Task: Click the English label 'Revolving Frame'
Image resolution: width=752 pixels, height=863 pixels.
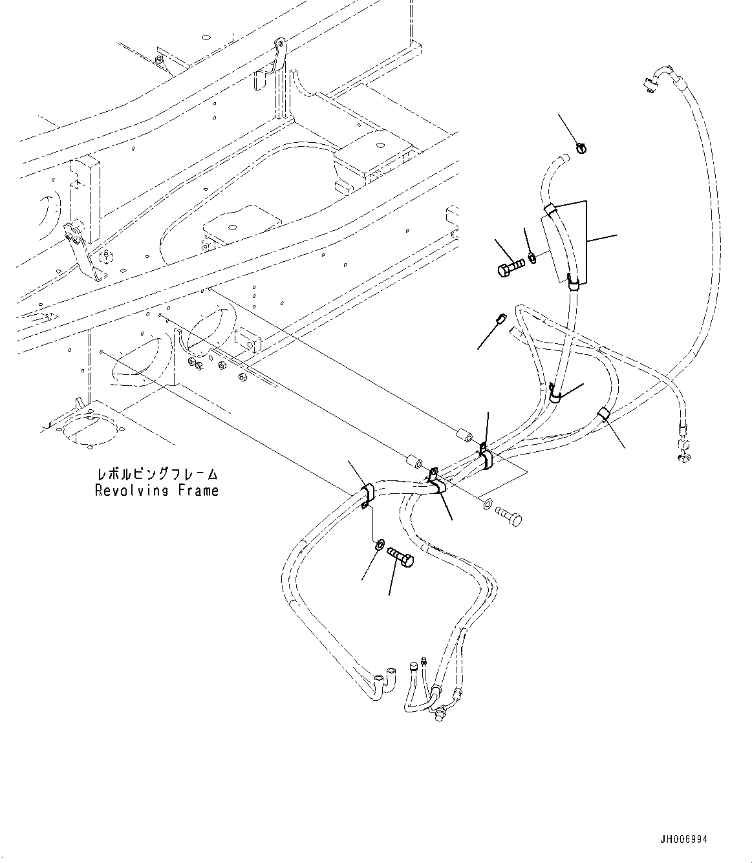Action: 156,491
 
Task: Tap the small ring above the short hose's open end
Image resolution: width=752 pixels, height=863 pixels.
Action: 581,148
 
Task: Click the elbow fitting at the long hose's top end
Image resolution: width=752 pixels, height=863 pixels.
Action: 654,80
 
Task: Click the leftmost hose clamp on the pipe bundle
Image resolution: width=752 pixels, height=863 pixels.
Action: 366,493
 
